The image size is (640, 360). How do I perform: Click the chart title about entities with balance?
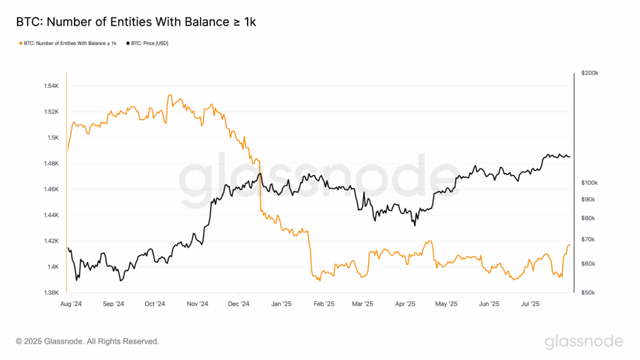click(x=136, y=22)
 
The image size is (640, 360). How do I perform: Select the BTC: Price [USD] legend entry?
click(x=147, y=43)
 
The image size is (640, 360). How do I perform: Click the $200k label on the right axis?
click(x=589, y=73)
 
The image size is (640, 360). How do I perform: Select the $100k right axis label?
click(x=589, y=182)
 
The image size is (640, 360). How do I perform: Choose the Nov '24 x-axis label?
click(x=196, y=304)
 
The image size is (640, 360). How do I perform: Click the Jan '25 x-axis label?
click(x=281, y=304)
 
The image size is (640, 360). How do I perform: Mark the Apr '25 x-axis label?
click(x=406, y=304)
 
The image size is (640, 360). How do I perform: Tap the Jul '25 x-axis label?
click(x=530, y=304)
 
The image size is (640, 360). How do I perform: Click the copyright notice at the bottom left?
click(x=87, y=341)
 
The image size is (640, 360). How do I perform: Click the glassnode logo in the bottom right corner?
click(x=584, y=341)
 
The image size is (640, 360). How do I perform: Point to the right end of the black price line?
click(x=569, y=157)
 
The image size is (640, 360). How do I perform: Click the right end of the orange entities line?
click(x=569, y=245)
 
